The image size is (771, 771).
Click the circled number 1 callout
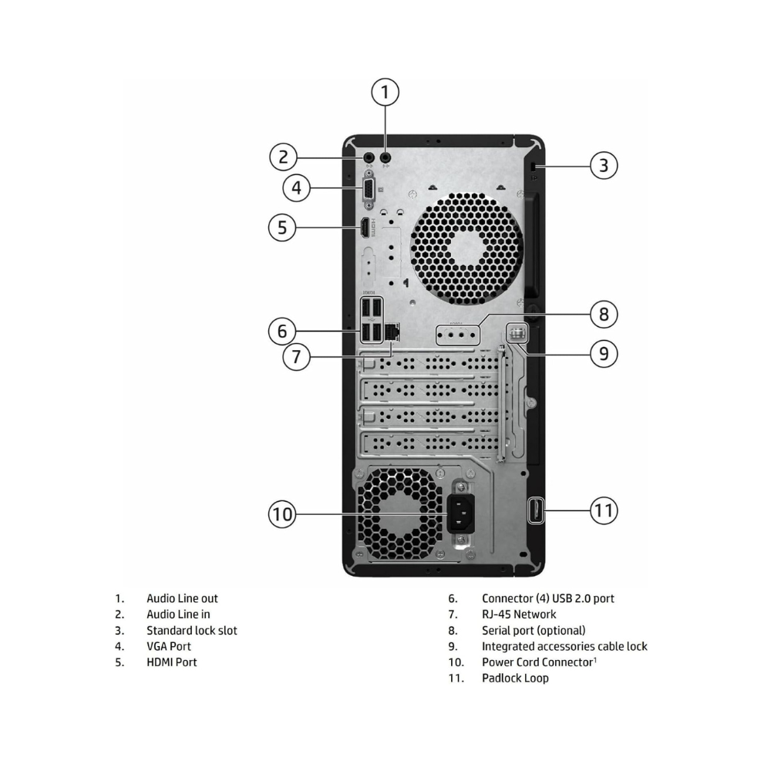pos(385,93)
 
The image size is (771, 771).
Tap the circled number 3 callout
pos(604,165)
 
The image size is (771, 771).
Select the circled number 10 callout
pos(283,514)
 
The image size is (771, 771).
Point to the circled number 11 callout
pos(604,510)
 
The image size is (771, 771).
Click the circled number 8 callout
pos(604,314)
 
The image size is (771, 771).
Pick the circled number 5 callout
pos(283,227)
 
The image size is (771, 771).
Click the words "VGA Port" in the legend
pos(169,646)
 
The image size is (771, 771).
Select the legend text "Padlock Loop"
pos(515,678)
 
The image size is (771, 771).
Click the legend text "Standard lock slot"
pos(192,630)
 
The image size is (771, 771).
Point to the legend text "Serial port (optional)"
pos(534,630)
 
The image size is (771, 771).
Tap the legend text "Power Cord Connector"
pos(537,662)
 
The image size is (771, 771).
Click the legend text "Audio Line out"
pos(182,598)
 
